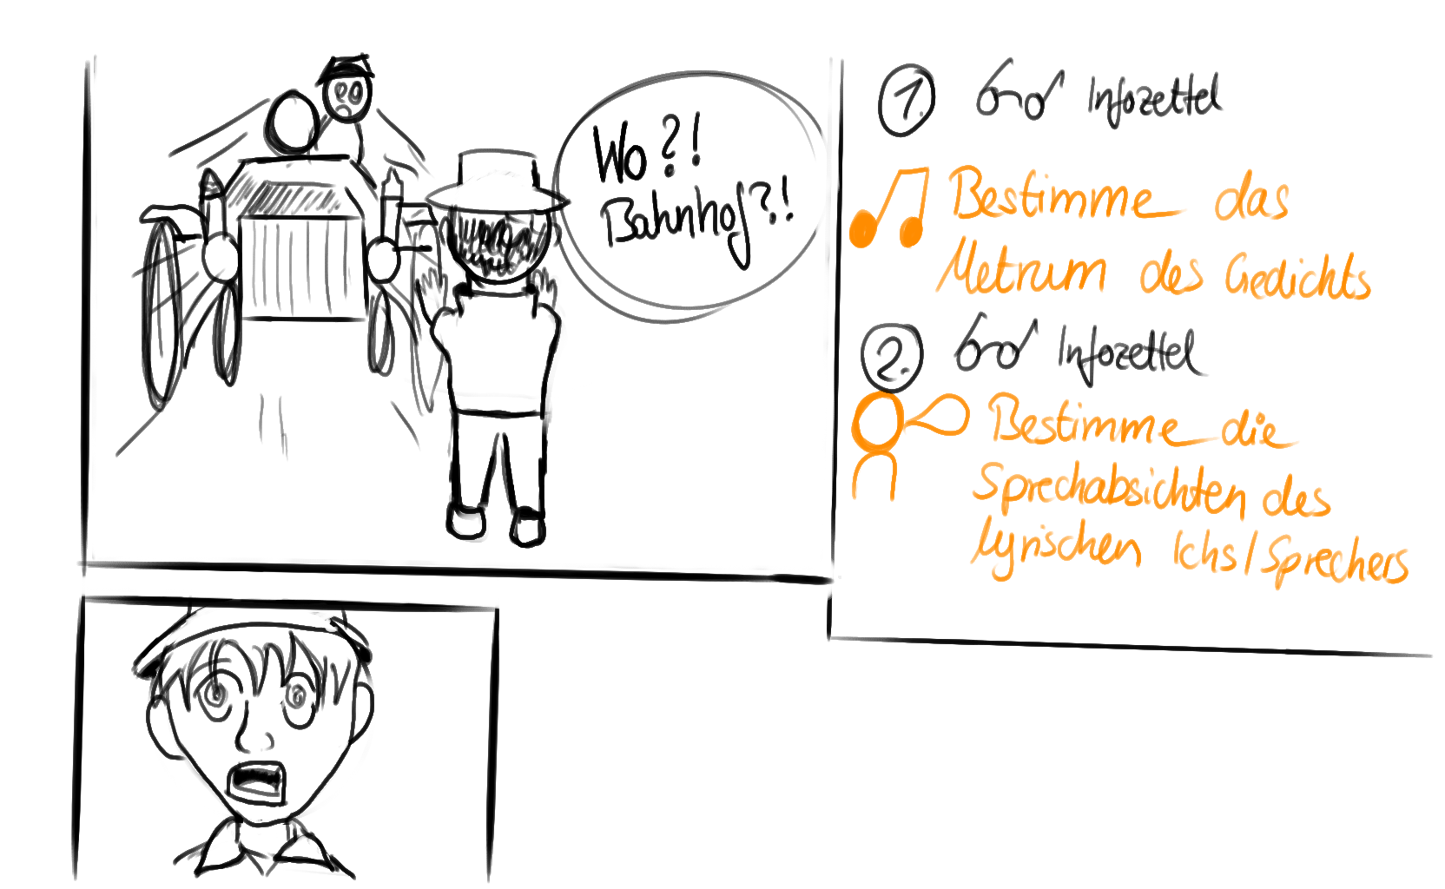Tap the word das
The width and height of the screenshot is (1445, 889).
pos(1251,201)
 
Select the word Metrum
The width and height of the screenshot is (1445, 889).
pos(1021,272)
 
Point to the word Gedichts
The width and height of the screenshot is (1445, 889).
pos(1297,278)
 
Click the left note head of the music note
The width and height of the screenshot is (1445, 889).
pos(861,228)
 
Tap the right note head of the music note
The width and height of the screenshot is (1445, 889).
pos(911,231)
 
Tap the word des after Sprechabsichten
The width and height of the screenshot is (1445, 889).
pos(1296,500)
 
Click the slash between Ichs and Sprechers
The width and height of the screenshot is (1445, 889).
pos(1250,556)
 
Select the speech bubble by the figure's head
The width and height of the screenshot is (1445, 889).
pos(940,416)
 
